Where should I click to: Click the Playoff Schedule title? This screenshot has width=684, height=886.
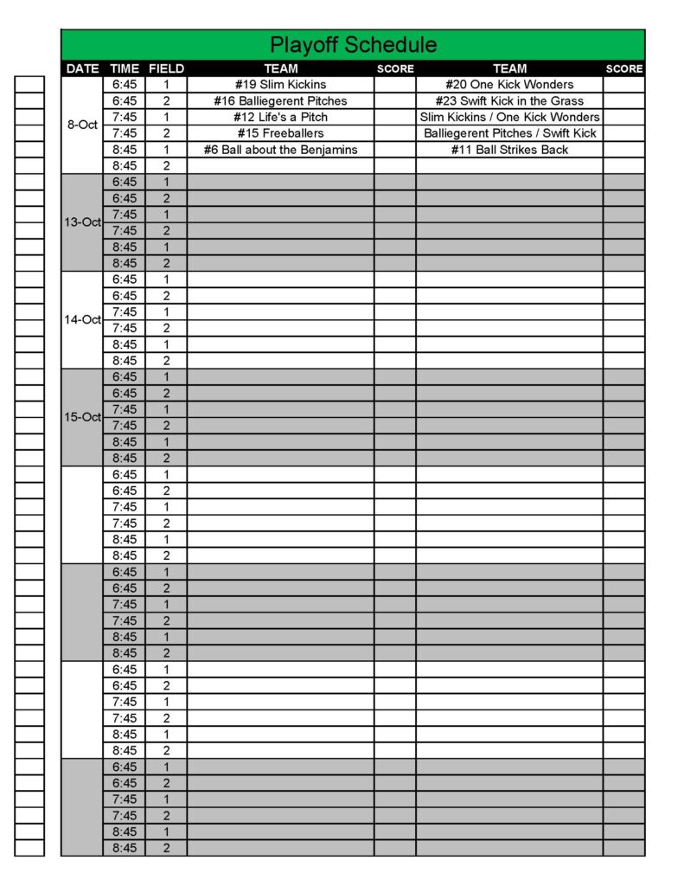[x=353, y=45]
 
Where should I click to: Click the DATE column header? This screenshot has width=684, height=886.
[x=82, y=69]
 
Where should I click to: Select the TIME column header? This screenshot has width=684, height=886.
[x=125, y=69]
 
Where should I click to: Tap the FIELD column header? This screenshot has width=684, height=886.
[x=166, y=69]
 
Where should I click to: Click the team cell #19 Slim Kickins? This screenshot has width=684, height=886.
[x=280, y=85]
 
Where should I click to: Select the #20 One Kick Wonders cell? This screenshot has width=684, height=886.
[x=509, y=85]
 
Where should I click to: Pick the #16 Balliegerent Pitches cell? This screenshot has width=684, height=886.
[x=280, y=101]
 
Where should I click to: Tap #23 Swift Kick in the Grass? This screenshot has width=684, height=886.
[x=509, y=101]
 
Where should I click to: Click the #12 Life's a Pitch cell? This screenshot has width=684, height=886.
[x=280, y=118]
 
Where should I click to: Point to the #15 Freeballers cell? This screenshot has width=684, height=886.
[x=280, y=133]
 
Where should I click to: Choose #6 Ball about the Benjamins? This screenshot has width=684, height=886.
[x=280, y=150]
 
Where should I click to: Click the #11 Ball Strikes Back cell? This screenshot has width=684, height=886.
[x=509, y=150]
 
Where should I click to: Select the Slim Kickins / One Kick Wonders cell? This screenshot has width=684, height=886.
[x=509, y=118]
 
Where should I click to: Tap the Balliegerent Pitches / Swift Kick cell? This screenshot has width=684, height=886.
[x=509, y=133]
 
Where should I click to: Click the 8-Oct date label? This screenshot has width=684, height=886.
[x=82, y=125]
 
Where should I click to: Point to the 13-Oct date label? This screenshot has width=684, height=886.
[x=82, y=222]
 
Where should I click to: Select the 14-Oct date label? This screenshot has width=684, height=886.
[x=82, y=320]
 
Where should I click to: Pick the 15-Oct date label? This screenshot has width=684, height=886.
[x=82, y=417]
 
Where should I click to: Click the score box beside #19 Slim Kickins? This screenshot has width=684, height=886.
[x=394, y=85]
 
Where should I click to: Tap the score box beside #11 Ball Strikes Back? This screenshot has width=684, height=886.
[x=623, y=150]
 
